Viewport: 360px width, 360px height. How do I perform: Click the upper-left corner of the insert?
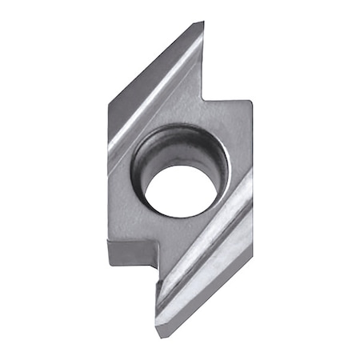point(108,101)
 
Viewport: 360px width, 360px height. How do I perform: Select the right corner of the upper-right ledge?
point(252,101)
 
